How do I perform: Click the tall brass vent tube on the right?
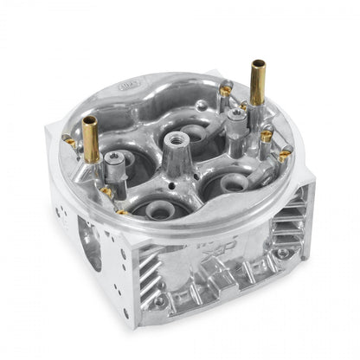pyautogui.click(x=257, y=82)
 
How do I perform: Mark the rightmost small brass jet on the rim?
pyautogui.click(x=285, y=156)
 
